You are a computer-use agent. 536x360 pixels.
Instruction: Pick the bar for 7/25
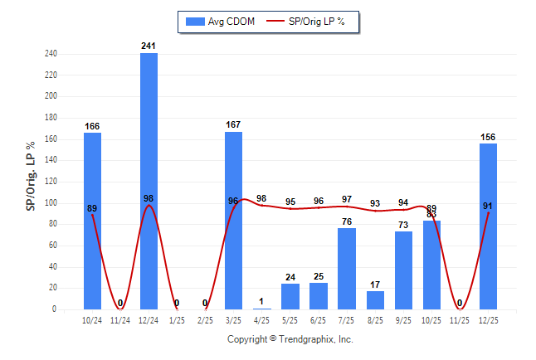tap(347, 269)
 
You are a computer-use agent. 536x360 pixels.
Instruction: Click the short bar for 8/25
tap(375, 300)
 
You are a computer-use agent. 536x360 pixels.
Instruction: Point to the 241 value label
tap(149, 46)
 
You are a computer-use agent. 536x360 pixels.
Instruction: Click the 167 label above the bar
tap(234, 125)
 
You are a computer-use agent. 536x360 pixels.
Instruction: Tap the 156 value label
tap(489, 137)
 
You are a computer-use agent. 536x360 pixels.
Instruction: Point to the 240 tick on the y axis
tap(51, 54)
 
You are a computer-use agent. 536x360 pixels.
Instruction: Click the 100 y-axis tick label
tap(51, 203)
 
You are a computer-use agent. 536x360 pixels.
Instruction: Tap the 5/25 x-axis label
tap(290, 319)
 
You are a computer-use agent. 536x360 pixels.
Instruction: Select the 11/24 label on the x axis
tap(120, 319)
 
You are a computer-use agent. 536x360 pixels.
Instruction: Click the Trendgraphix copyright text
tap(290, 339)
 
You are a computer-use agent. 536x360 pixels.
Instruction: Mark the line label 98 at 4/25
tap(262, 198)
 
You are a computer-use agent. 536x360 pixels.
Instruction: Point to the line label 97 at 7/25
tap(347, 200)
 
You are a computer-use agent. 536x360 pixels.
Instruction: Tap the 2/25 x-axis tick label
tap(205, 319)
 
